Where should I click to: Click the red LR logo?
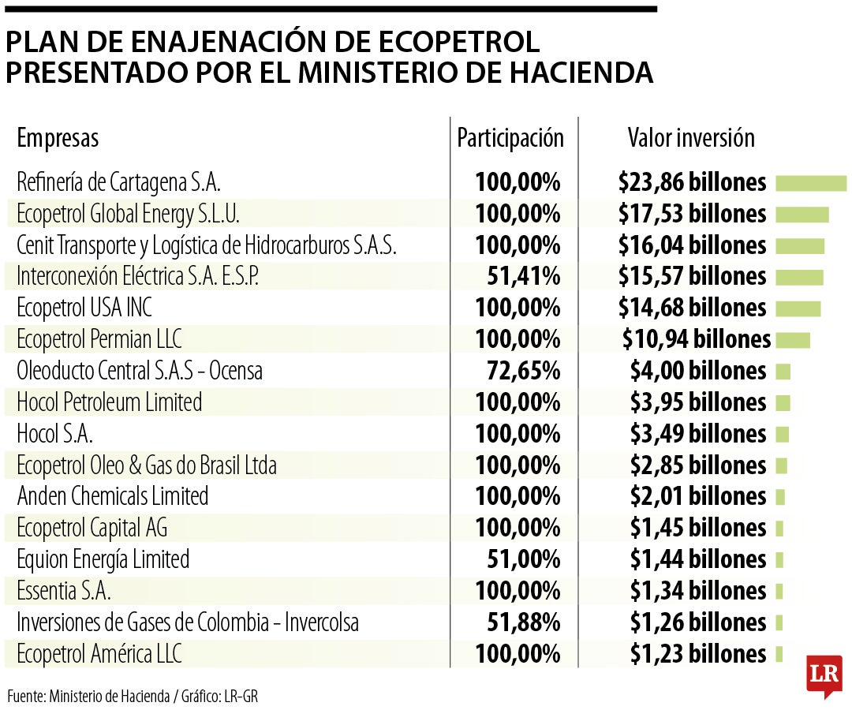pyautogui.click(x=824, y=674)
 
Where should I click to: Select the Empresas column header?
pyautogui.click(x=58, y=138)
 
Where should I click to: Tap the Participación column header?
pyautogui.click(x=510, y=138)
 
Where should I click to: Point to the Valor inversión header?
pyautogui.click(x=691, y=138)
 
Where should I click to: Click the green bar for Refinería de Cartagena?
pyautogui.click(x=811, y=183)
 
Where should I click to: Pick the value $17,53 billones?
pyautogui.click(x=692, y=214)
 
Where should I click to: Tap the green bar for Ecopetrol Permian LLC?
pyautogui.click(x=793, y=340)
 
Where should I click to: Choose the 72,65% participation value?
pyautogui.click(x=523, y=371)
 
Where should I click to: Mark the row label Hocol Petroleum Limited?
pyautogui.click(x=110, y=402)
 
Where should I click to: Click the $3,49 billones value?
pyautogui.click(x=697, y=434)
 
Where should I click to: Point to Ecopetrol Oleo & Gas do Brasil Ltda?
pyautogui.click(x=147, y=465)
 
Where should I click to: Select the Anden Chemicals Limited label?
pyautogui.click(x=113, y=496)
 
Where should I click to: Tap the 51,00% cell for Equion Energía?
pyautogui.click(x=523, y=559)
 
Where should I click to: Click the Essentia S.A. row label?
pyautogui.click(x=64, y=591)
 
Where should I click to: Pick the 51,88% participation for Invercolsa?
pyautogui.click(x=523, y=622)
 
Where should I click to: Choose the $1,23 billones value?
pyautogui.click(x=697, y=654)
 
